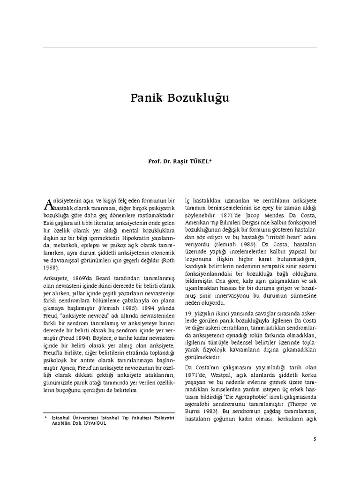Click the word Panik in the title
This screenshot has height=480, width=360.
[146, 100]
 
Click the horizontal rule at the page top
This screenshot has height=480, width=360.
[180, 47]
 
